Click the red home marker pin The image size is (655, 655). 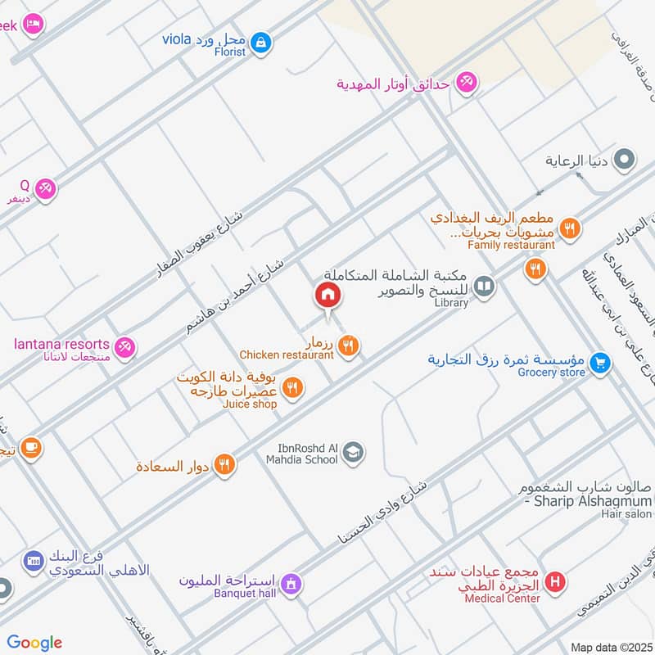pos(327,296)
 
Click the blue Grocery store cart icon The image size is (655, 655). pos(601,361)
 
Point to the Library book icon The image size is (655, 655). pos(485,286)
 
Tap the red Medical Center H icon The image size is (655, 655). pos(556,583)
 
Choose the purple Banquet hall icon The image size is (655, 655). pos(290,584)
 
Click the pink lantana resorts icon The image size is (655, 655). pos(124,348)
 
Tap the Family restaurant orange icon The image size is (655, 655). pos(535,269)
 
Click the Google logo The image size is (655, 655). pos(34,643)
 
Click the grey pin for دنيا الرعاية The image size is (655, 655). pos(625,160)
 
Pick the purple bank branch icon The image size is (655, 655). pos(34,561)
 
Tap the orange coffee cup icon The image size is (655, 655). pos(31,448)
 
